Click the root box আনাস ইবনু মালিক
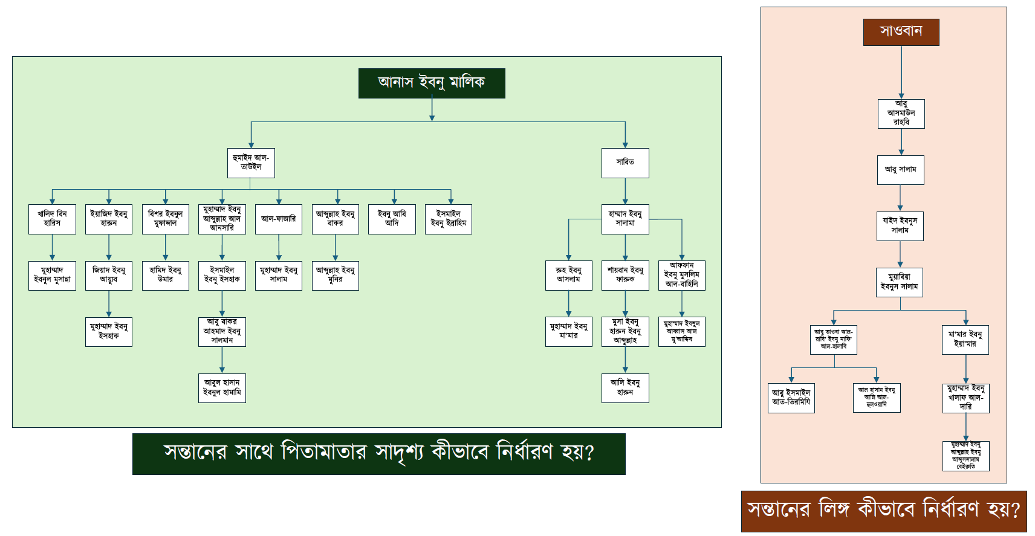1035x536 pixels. pyautogui.click(x=432, y=83)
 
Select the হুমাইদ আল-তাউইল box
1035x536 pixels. pyautogui.click(x=251, y=163)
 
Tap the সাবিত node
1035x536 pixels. pyautogui.click(x=625, y=163)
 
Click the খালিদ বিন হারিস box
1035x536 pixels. pyautogui.click(x=52, y=219)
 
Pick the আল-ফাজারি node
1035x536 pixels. pyautogui.click(x=278, y=219)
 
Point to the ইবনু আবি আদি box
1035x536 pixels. pyautogui.click(x=392, y=219)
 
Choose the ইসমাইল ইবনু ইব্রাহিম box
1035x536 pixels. pyautogui.click(x=448, y=219)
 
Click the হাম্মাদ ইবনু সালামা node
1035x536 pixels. pyautogui.click(x=625, y=219)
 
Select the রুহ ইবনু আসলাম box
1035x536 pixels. pyautogui.click(x=568, y=275)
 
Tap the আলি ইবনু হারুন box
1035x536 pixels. pyautogui.click(x=625, y=388)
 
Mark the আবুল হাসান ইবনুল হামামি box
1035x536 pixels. pyautogui.click(x=222, y=388)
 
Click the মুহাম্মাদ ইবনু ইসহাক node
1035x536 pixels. pyautogui.click(x=109, y=332)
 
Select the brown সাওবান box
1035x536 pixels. pyautogui.click(x=901, y=32)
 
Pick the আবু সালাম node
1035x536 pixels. pyautogui.click(x=900, y=170)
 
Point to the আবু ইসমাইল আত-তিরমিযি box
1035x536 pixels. pyautogui.click(x=791, y=398)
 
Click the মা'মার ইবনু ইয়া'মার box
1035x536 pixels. pyautogui.click(x=965, y=340)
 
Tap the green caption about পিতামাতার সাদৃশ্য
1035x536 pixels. pyautogui.click(x=378, y=453)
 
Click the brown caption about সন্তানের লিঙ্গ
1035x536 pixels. pyautogui.click(x=883, y=511)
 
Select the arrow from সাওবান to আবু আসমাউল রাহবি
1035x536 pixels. pyautogui.click(x=901, y=73)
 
